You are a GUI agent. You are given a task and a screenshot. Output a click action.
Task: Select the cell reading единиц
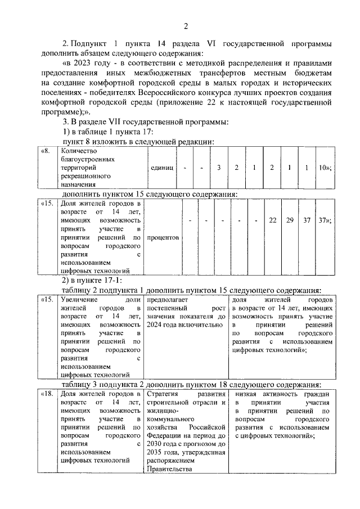point(162,168)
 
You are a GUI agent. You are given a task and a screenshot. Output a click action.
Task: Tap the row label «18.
point(48,394)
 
